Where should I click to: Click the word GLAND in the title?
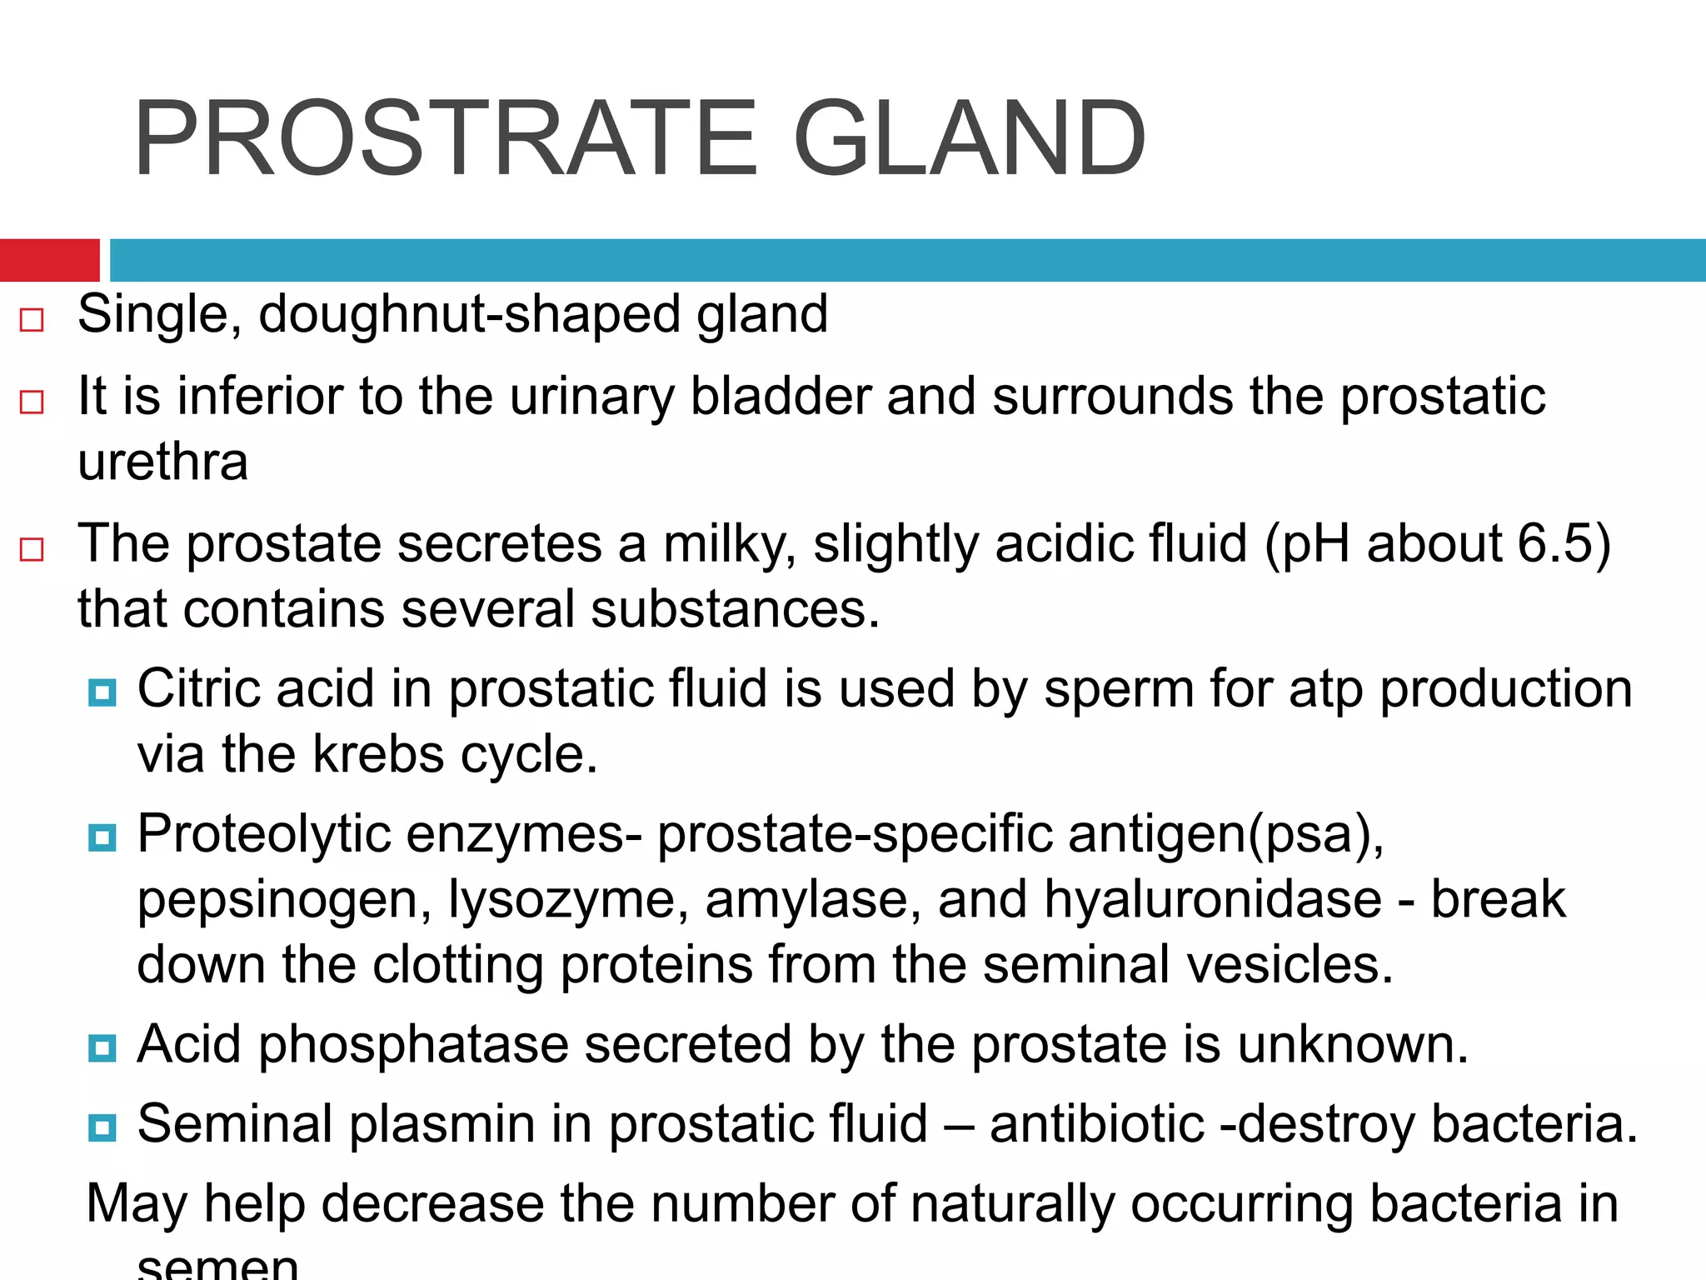click(x=970, y=138)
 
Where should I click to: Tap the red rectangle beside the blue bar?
click(x=49, y=260)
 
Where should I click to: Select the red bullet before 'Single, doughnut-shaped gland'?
click(x=32, y=320)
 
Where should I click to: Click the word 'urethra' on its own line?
click(x=163, y=462)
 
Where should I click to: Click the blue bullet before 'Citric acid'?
click(x=102, y=692)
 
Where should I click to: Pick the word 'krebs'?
click(x=378, y=754)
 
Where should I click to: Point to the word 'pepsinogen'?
click(x=284, y=901)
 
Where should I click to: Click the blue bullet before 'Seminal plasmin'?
click(x=102, y=1128)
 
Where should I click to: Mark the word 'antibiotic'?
click(x=1097, y=1123)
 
